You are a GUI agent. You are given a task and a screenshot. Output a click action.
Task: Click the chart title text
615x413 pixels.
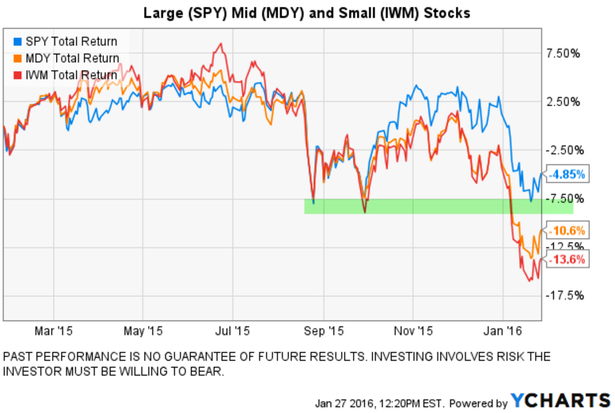click(307, 13)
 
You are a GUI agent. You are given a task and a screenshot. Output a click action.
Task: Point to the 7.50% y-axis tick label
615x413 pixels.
click(564, 54)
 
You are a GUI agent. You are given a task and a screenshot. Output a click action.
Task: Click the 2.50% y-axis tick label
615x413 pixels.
click(564, 102)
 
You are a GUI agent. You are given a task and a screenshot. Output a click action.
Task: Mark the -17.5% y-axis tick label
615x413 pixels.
click(564, 295)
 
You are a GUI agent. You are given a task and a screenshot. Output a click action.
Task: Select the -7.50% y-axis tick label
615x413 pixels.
click(564, 199)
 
